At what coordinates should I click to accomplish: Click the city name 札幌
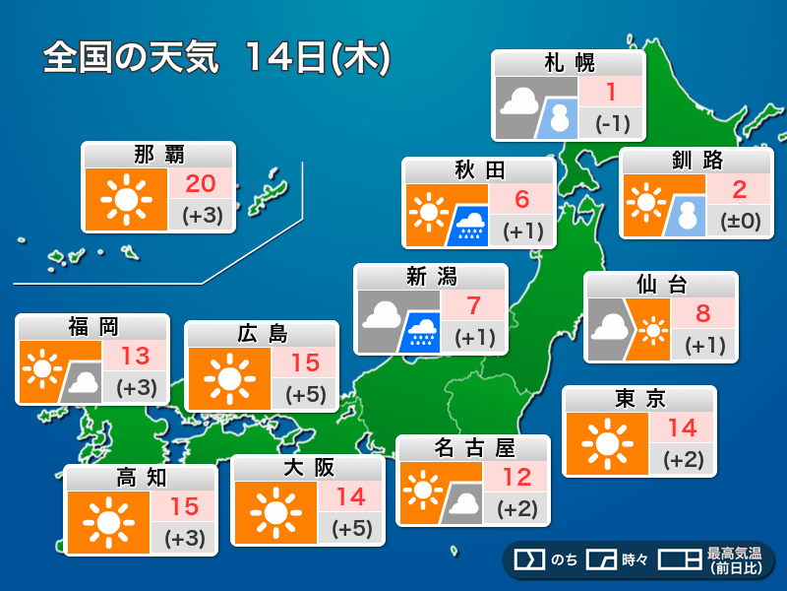[569, 64]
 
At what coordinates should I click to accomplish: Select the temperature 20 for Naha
[201, 183]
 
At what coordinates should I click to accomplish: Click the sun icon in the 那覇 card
[125, 200]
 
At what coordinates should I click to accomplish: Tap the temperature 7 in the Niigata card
[474, 304]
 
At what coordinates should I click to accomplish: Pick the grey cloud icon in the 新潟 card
[382, 315]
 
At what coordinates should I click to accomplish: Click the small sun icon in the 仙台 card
[650, 331]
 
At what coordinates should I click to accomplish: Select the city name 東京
[638, 399]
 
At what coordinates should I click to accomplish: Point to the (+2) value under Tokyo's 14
[683, 458]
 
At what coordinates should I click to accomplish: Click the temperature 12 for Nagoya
[516, 478]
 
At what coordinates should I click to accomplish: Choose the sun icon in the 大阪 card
[273, 512]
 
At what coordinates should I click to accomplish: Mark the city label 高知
[141, 478]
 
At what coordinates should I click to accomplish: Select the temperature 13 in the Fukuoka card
[136, 356]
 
